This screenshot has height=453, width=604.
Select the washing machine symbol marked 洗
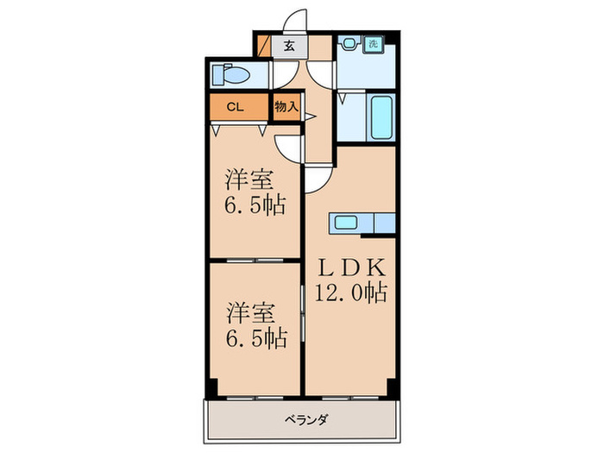pyautogui.click(x=373, y=44)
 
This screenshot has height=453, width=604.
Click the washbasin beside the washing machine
pyautogui.click(x=349, y=44)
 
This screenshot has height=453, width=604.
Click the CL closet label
pyautogui.click(x=234, y=108)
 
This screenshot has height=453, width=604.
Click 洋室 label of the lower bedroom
pyautogui.click(x=251, y=309)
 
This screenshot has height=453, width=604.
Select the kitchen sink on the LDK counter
pyautogui.click(x=345, y=223)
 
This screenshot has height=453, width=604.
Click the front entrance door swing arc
pyautogui.click(x=295, y=21)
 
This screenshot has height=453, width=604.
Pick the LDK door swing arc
pyautogui.click(x=316, y=177)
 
